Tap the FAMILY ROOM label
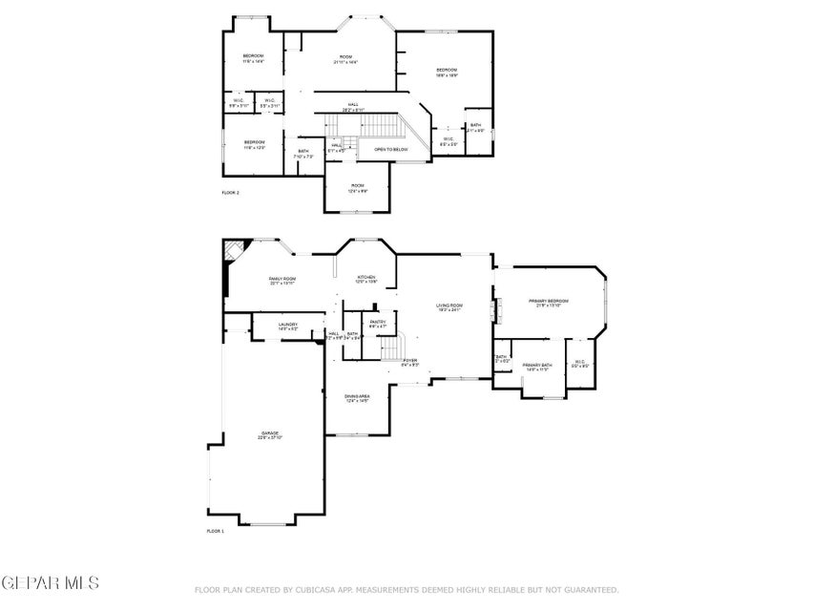282,280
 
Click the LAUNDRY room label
288,326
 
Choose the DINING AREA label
358,397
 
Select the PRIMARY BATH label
537,367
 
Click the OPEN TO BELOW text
391,150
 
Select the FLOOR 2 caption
230,193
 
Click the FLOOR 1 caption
215,531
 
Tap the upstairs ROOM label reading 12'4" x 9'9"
358,188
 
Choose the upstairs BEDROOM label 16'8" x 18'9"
448,72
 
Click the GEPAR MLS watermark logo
50,581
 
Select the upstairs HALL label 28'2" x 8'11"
353,107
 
